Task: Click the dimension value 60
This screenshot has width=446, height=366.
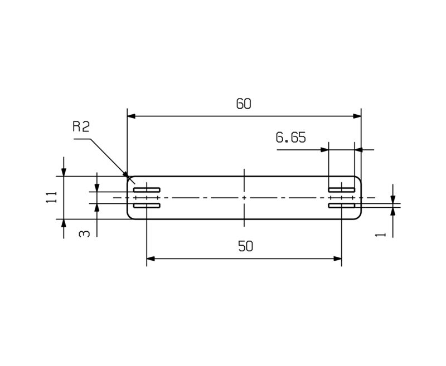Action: pos(244,104)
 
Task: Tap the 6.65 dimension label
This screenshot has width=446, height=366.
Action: pos(290,138)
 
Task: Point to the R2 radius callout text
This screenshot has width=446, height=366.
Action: pos(81,127)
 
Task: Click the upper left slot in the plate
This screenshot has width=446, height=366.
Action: pos(147,190)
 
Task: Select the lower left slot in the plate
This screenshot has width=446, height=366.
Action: pos(147,206)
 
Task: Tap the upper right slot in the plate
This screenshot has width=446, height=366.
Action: pos(341,190)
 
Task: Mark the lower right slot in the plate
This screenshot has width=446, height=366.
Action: pos(341,206)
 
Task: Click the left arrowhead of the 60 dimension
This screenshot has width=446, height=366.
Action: pos(132,116)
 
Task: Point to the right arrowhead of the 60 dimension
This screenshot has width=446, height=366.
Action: pos(357,116)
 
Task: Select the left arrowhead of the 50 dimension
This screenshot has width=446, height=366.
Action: pos(151,258)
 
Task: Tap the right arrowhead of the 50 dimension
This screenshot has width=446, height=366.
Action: pos(337,258)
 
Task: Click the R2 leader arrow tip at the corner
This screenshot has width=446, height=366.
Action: pos(128,176)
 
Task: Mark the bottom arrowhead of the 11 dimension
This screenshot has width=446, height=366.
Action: pos(64,223)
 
